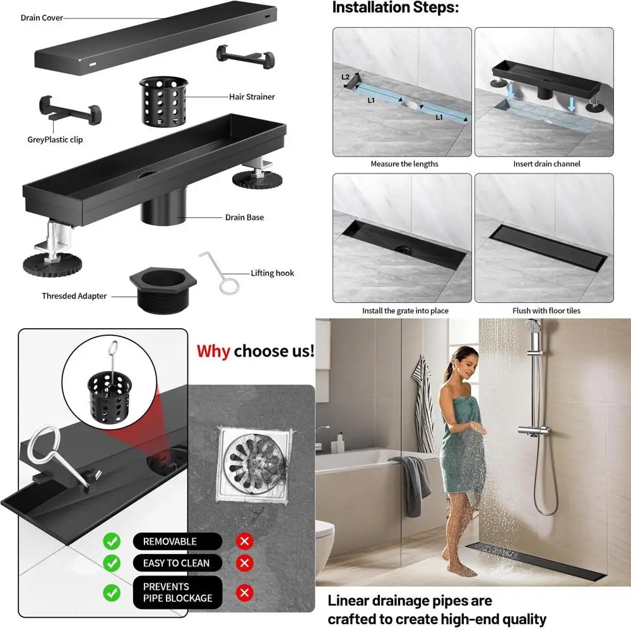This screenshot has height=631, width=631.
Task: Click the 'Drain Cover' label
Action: (x=42, y=18)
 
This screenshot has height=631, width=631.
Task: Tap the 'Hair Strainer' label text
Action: (x=252, y=97)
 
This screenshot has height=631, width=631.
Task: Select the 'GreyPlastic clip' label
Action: (x=55, y=139)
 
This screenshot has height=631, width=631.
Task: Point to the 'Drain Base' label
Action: (x=244, y=218)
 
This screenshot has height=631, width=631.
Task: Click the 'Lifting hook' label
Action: (x=272, y=273)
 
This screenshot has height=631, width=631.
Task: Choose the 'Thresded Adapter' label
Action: (x=74, y=296)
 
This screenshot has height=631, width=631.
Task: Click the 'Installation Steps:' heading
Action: (x=396, y=8)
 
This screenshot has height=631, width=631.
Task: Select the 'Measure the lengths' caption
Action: (x=404, y=164)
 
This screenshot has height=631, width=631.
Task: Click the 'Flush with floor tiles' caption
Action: (x=546, y=310)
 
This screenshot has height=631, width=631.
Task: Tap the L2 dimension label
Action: (x=346, y=77)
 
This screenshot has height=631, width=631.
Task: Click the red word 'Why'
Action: (x=213, y=351)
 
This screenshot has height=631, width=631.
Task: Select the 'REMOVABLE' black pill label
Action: (x=170, y=541)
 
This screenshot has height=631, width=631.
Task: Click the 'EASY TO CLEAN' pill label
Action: (x=176, y=563)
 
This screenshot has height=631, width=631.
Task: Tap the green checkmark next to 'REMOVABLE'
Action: (x=112, y=541)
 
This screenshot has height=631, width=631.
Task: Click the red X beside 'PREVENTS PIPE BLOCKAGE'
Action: (x=245, y=593)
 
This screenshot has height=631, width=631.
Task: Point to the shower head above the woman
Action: (x=533, y=327)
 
